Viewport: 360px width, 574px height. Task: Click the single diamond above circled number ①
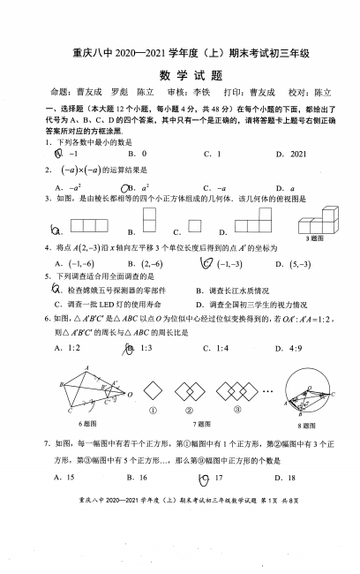tap(155, 389)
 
